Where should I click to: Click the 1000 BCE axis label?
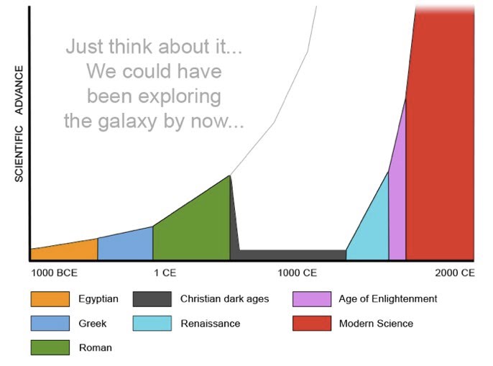click(x=54, y=273)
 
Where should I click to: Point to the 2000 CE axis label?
click(x=454, y=273)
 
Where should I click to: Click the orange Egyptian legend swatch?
click(x=50, y=299)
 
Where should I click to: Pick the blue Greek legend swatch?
click(x=50, y=324)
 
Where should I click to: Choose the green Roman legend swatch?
click(x=50, y=347)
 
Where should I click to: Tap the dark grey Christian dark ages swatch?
click(x=152, y=299)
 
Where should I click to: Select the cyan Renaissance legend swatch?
click(x=152, y=324)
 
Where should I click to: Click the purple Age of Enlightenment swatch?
click(x=311, y=299)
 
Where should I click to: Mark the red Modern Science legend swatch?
click(x=311, y=324)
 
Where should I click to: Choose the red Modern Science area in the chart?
click(x=442, y=144)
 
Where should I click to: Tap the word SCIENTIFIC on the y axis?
click(x=19, y=154)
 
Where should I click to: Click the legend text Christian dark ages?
click(x=224, y=299)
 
